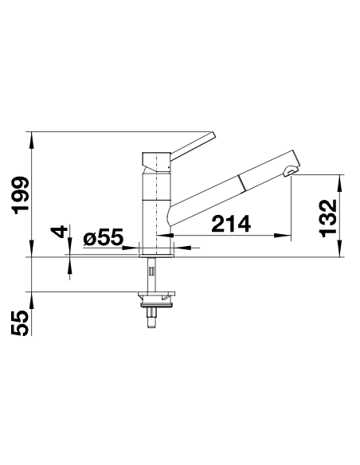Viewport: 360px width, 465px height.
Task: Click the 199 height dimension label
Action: tap(21, 195)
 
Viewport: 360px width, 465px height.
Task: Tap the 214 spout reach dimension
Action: tap(231, 224)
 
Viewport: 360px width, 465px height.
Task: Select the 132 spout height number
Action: tap(329, 218)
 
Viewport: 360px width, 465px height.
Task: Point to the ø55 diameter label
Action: tap(103, 237)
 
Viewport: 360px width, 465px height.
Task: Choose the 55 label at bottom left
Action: tap(20, 323)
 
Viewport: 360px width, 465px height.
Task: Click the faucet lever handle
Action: tap(192, 145)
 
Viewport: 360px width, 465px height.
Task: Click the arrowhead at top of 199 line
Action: tap(32, 139)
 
